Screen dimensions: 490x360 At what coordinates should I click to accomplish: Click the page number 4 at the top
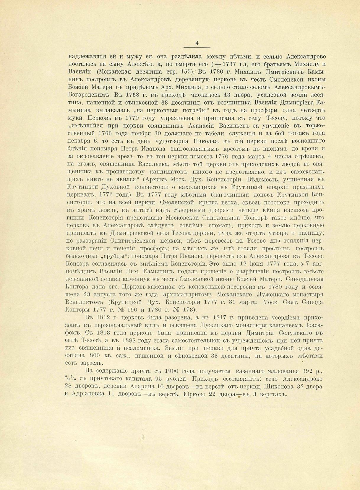pos(197,43)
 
